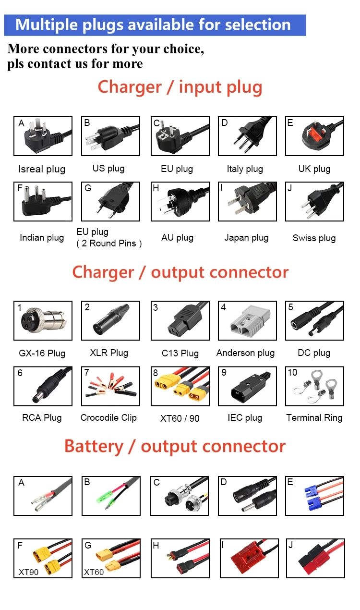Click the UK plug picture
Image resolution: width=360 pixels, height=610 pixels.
coord(314,136)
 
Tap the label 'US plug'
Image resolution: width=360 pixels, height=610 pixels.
coord(108,169)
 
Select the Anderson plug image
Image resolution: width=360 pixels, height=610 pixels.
coord(247,321)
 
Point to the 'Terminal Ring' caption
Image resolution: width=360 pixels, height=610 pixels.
coord(314,418)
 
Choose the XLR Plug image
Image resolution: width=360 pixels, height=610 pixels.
coord(110,321)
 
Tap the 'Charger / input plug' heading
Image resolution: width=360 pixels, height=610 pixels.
coord(180,87)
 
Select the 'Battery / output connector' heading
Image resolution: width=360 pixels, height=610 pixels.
coord(175,446)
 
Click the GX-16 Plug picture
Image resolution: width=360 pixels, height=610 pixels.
coord(43,321)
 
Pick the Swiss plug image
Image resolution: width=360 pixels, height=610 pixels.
coord(314,202)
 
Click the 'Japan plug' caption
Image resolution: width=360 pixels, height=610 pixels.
coord(246,238)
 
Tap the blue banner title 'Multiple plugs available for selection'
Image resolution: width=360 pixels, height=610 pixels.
coord(153,25)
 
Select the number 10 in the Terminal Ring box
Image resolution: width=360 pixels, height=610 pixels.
coord(292,373)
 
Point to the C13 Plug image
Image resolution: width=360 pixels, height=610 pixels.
coord(180,321)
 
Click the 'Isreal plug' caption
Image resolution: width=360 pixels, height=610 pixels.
coord(42,169)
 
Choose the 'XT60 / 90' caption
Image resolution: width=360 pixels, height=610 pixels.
coord(180,418)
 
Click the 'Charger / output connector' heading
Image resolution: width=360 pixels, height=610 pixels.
coord(180,272)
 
